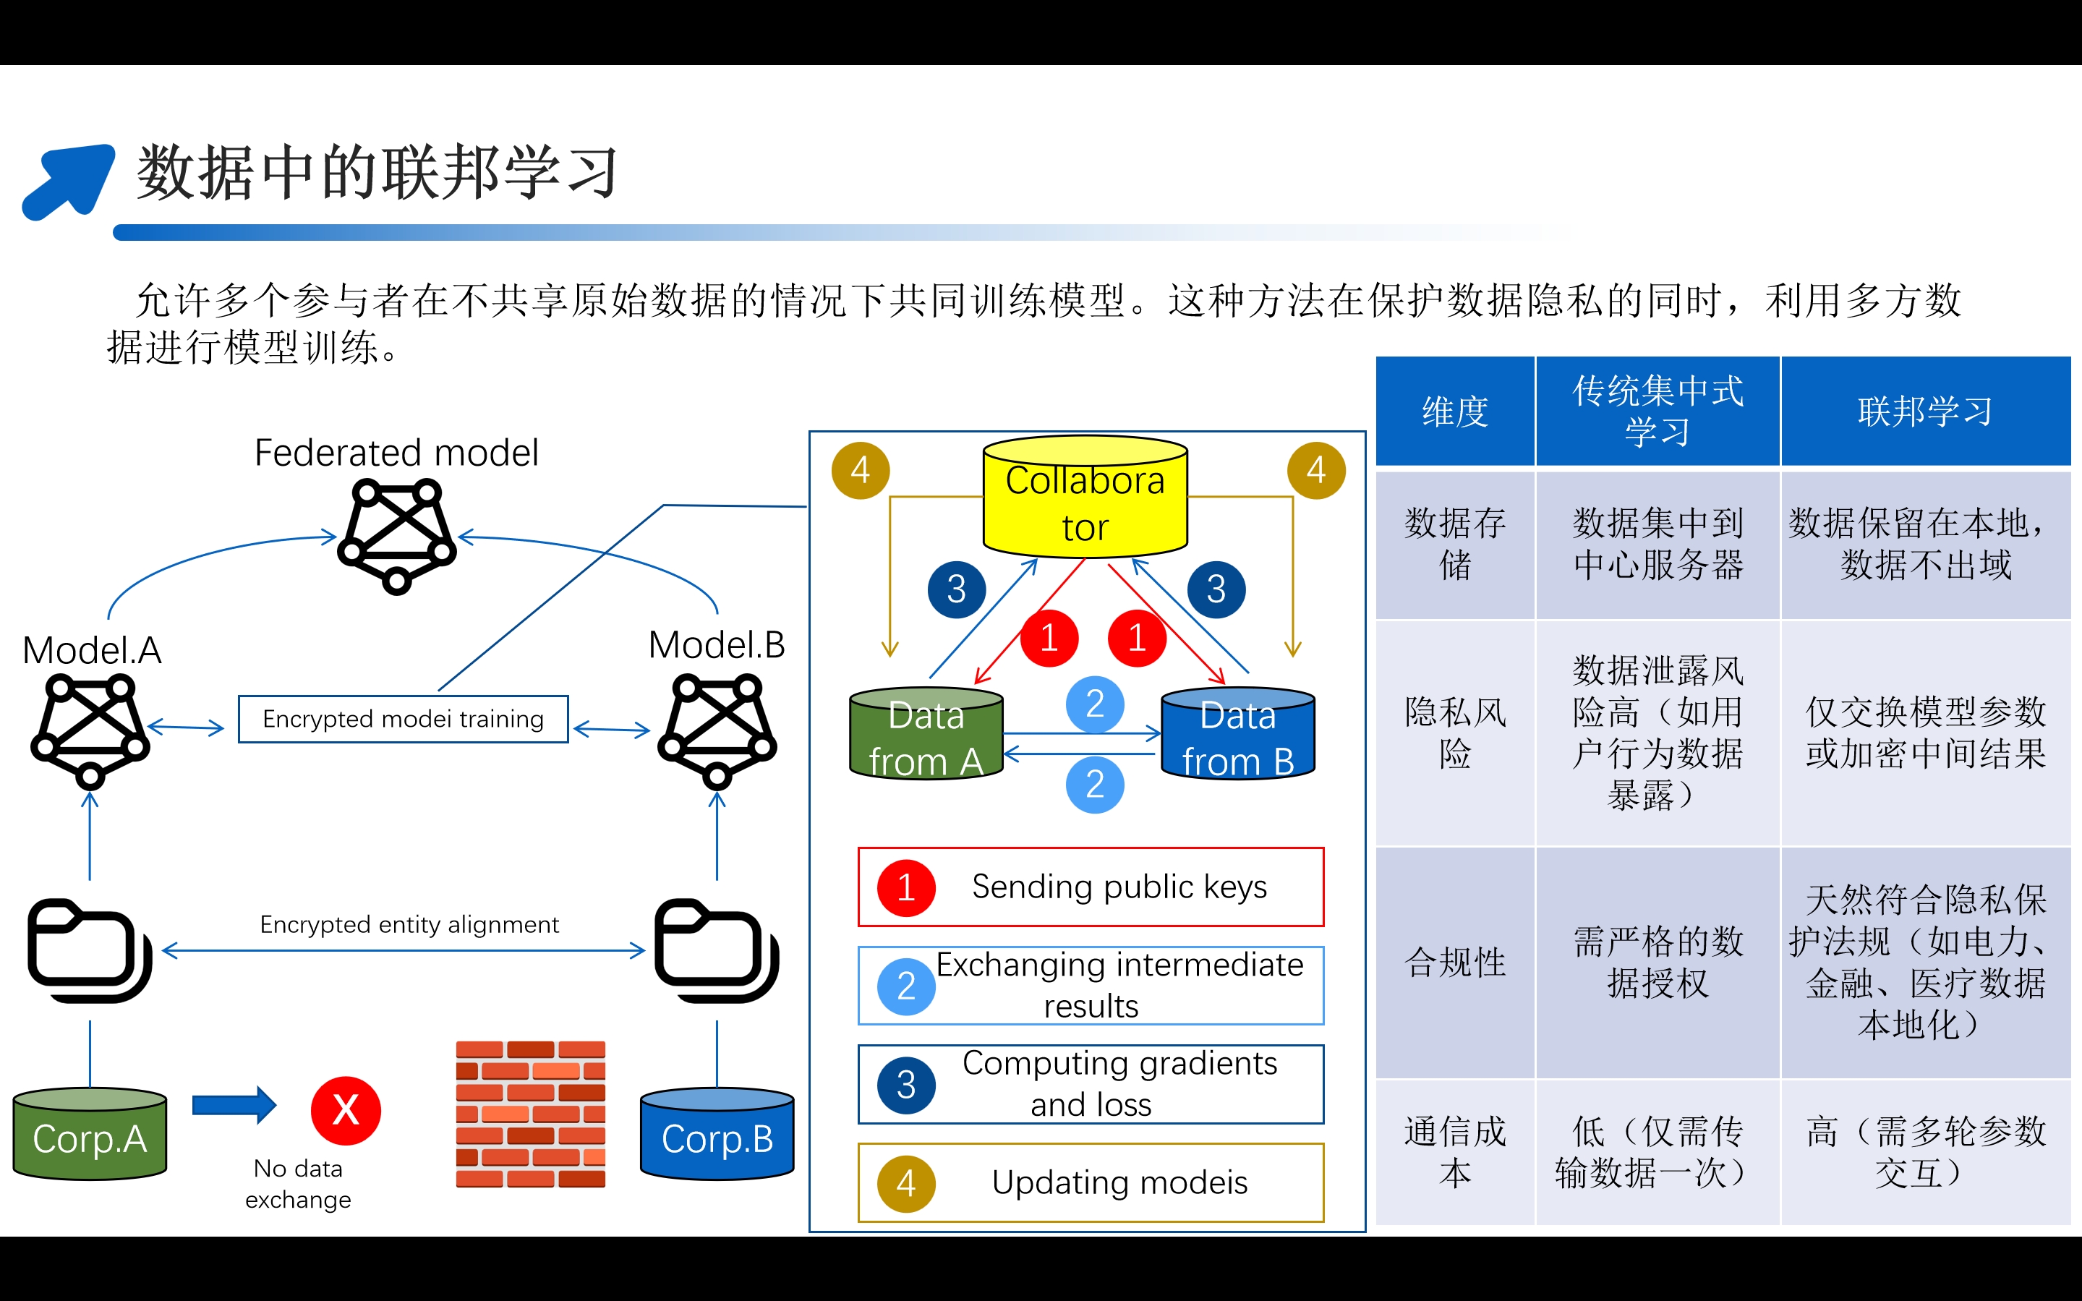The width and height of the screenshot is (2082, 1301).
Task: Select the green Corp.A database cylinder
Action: (x=90, y=1133)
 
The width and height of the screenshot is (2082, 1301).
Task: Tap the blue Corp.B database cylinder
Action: (x=717, y=1133)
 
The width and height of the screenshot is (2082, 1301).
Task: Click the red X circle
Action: (x=346, y=1110)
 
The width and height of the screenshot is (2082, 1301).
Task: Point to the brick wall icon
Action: (x=530, y=1114)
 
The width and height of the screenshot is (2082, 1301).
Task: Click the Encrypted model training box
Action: (x=403, y=718)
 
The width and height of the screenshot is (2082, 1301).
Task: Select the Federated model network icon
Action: (x=396, y=536)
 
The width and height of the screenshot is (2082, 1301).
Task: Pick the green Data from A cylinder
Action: (x=926, y=734)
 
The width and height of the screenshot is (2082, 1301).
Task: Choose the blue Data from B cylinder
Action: (x=1237, y=734)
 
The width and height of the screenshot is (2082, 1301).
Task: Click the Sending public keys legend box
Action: (x=1090, y=887)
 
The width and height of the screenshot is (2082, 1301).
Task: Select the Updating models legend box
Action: (x=1090, y=1182)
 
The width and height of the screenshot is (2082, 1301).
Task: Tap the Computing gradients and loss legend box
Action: (x=1090, y=1084)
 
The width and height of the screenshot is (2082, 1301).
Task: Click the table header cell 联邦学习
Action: (x=1924, y=411)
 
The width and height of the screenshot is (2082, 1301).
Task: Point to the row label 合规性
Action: (x=1455, y=962)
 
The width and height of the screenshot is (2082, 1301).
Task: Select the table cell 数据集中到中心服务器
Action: (x=1657, y=544)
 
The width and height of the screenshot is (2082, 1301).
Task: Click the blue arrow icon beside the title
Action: (x=69, y=181)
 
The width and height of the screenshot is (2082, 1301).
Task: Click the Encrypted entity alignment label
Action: (x=409, y=924)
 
